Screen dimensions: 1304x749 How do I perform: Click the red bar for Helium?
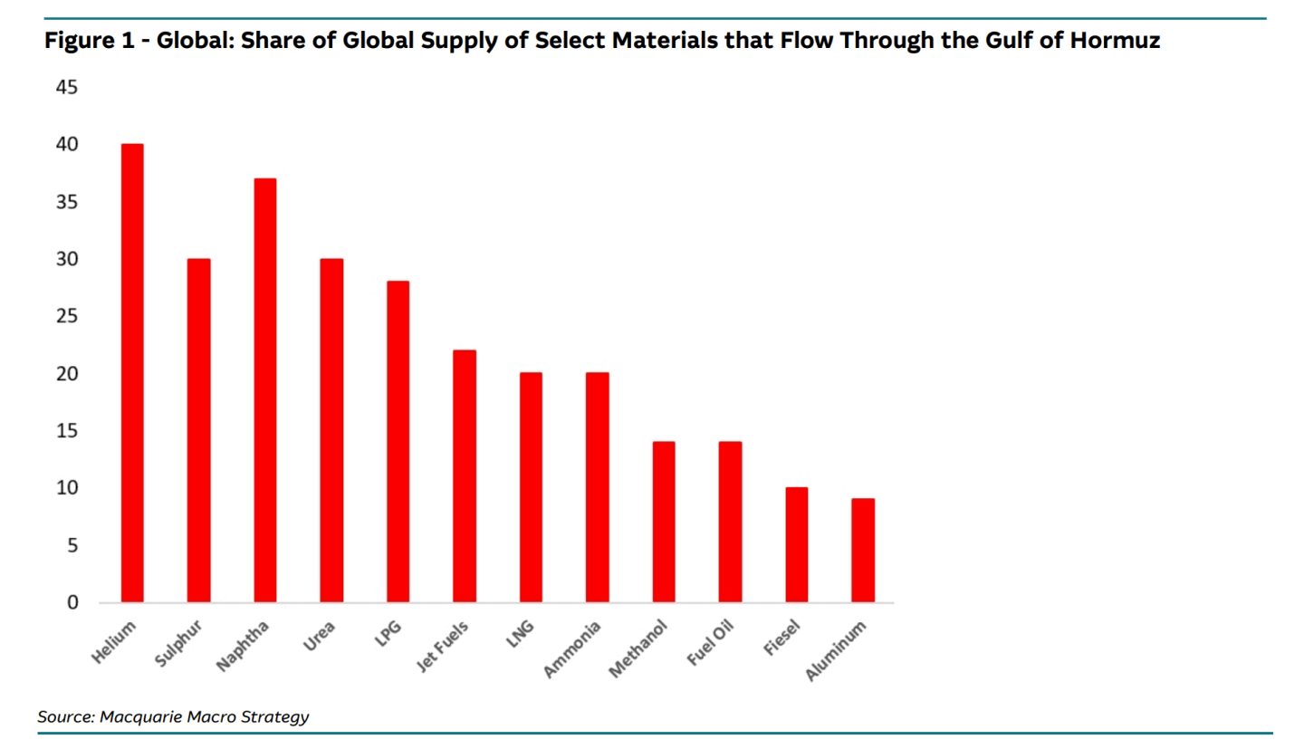click(x=132, y=373)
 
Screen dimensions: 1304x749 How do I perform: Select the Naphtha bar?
click(x=264, y=390)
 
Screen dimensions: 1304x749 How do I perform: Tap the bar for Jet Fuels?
click(x=465, y=475)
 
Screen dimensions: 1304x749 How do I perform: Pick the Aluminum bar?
click(x=863, y=551)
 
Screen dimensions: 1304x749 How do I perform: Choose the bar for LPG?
click(x=398, y=441)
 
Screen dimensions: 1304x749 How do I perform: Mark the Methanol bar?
click(x=664, y=522)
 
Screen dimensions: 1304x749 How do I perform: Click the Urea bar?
click(x=331, y=430)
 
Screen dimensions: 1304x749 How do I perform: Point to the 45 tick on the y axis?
click(x=67, y=87)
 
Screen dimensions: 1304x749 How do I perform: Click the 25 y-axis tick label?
click(x=67, y=316)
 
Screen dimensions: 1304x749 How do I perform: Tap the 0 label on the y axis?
click(x=72, y=602)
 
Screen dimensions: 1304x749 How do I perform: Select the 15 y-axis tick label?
click(x=67, y=430)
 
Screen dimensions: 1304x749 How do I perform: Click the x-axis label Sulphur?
click(x=178, y=643)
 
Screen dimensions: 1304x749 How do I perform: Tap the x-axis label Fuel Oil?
click(x=710, y=643)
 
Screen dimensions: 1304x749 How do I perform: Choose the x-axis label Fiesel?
click(x=781, y=639)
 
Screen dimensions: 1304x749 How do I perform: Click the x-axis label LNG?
click(x=520, y=634)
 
